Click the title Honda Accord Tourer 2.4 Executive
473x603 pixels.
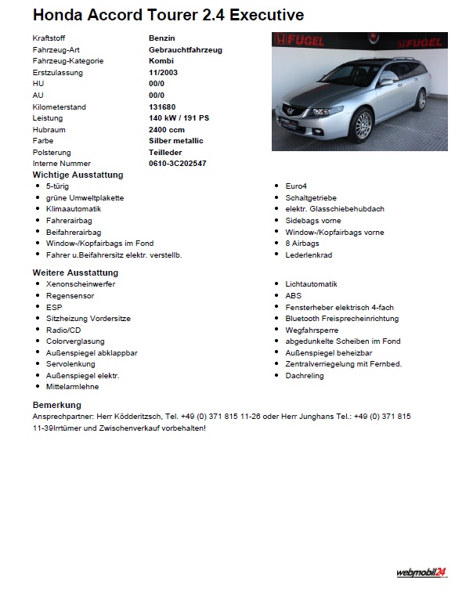[168, 15]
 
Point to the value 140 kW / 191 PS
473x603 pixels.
[179, 117]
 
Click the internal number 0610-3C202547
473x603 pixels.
[178, 163]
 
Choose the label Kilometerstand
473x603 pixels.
[60, 107]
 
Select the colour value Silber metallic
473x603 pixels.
[175, 140]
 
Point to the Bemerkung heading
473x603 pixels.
[57, 405]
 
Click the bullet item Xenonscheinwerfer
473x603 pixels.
[81, 283]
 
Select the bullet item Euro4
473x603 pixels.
[296, 186]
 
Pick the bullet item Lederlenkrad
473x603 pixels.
[309, 255]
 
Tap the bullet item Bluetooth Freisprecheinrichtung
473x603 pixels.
[341, 318]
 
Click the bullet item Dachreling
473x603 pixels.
[305, 375]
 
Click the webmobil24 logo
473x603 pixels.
[421, 572]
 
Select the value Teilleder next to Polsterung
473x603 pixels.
[166, 152]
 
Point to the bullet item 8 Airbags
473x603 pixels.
[302, 244]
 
